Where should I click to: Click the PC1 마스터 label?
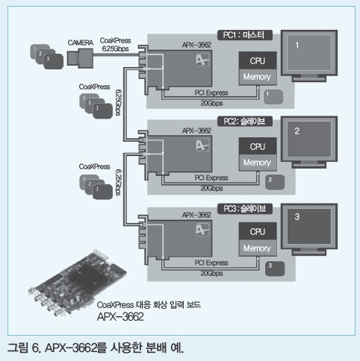click(245, 35)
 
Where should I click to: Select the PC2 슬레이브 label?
click(245, 122)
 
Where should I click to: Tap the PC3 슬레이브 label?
click(245, 209)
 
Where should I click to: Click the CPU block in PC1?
click(258, 60)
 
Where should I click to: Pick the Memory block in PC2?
click(258, 163)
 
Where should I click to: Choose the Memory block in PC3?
click(258, 248)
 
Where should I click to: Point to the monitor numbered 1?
click(309, 56)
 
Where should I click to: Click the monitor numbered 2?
click(309, 142)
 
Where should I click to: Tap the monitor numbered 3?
click(309, 229)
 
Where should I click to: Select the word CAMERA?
click(81, 43)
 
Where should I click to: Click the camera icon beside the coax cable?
click(80, 58)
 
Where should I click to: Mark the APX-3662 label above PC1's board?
click(196, 45)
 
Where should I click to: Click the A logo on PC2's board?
click(202, 145)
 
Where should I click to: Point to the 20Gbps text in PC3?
click(211, 273)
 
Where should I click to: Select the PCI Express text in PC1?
click(211, 92)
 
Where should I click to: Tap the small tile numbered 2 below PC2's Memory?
click(275, 182)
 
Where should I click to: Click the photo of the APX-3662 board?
click(77, 283)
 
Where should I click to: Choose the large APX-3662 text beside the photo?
click(120, 317)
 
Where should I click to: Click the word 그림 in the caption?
click(18, 348)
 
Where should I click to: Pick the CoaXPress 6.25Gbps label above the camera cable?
click(115, 45)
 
